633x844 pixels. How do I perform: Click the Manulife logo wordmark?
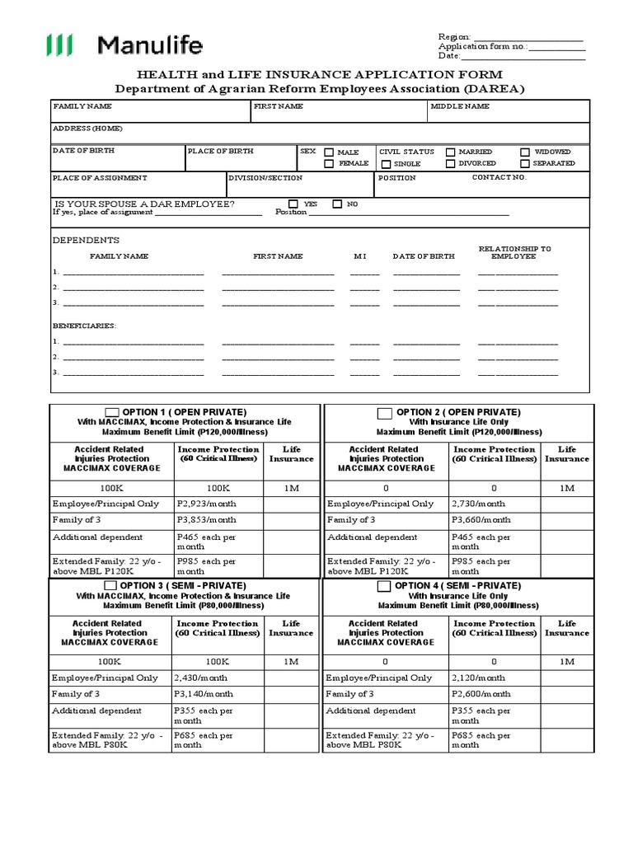(149, 45)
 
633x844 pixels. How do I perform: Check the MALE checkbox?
(329, 152)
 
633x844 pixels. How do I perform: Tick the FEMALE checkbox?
(329, 164)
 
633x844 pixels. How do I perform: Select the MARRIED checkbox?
(451, 152)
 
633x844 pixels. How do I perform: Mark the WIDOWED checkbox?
(526, 152)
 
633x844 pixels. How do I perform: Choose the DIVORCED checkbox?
(451, 164)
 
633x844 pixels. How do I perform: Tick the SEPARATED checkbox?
(526, 164)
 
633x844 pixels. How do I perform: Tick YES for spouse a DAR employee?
(293, 204)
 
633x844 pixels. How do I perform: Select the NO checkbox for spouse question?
(337, 204)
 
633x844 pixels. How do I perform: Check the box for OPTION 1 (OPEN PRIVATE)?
(112, 412)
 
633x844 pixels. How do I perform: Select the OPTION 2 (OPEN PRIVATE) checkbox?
(384, 413)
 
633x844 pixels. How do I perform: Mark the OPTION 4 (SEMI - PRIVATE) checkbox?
(383, 586)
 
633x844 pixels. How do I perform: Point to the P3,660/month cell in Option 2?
(481, 520)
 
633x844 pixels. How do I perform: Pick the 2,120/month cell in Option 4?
(479, 678)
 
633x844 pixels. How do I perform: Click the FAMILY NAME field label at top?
(82, 107)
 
